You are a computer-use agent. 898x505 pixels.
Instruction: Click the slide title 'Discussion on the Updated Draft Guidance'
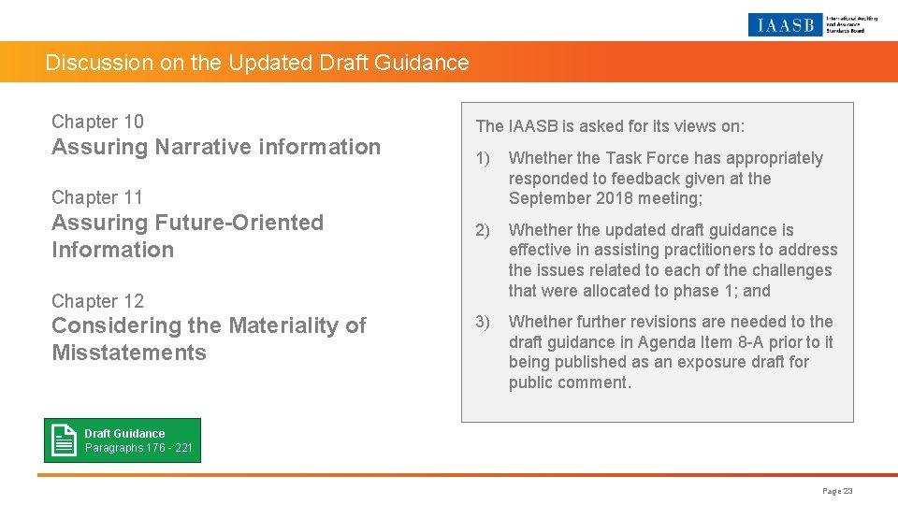tap(257, 64)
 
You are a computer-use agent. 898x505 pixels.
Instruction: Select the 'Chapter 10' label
tap(97, 122)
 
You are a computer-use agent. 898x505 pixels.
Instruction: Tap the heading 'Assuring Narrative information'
tap(216, 147)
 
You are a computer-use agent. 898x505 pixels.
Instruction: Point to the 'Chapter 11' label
tap(97, 197)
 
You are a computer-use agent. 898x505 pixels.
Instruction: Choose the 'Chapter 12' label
tap(97, 301)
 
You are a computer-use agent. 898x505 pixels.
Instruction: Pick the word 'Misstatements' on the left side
tap(129, 353)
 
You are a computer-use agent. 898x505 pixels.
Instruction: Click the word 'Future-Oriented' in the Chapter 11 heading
tap(238, 223)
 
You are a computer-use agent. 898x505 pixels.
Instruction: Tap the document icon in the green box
tap(65, 440)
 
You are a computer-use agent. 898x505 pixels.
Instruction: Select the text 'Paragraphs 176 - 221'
tap(138, 448)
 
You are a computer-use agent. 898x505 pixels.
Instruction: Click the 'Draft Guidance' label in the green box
tap(124, 434)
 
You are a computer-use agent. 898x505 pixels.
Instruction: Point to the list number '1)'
tap(483, 158)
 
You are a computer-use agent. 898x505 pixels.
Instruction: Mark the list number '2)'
tap(483, 230)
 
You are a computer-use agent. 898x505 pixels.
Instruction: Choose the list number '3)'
tap(483, 322)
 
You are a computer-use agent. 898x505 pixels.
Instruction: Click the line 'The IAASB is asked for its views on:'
tap(610, 126)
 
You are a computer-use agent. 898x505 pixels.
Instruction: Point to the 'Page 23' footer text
tap(837, 491)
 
